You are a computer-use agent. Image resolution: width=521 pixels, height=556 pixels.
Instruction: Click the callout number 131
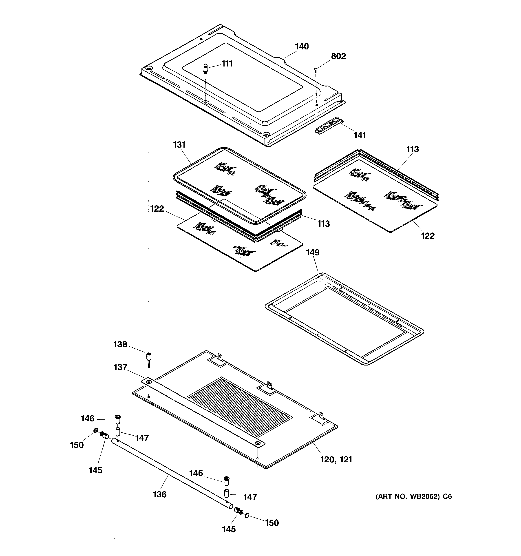[179, 145]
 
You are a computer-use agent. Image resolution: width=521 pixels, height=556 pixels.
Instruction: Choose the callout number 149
[312, 252]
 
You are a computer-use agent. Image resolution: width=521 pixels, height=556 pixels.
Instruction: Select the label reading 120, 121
[336, 459]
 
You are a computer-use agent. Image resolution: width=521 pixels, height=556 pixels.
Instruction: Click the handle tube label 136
[159, 494]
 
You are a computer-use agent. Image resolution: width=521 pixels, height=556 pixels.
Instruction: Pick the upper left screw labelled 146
[117, 419]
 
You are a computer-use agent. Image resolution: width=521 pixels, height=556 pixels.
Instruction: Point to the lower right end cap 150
[247, 515]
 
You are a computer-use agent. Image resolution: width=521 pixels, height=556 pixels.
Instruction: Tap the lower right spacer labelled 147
[227, 494]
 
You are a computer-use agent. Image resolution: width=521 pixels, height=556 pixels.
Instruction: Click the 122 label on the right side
[428, 236]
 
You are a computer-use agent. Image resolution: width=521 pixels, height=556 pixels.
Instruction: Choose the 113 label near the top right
[413, 149]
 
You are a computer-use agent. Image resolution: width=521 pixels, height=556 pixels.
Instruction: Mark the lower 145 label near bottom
[229, 529]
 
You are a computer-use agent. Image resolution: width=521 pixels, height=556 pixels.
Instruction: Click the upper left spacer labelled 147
[118, 431]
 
